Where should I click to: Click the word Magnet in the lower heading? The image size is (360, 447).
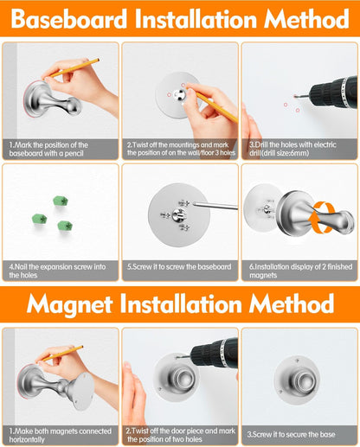(x=76, y=303)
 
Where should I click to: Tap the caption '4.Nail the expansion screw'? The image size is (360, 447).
(x=60, y=271)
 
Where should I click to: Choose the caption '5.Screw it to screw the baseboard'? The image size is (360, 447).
(x=179, y=267)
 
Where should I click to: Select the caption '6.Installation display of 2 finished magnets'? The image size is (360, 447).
(x=299, y=271)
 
